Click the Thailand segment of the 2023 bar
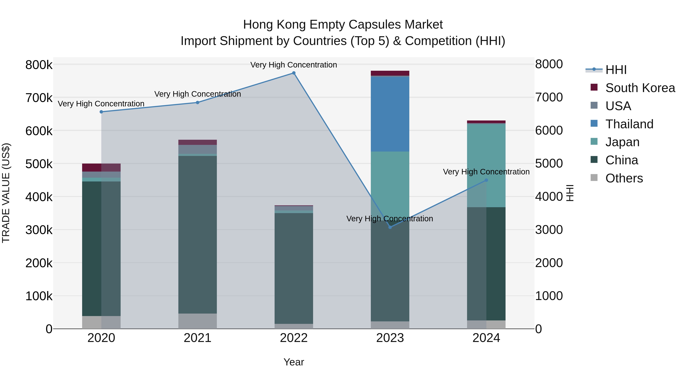coord(390,114)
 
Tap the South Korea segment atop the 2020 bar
coord(101,168)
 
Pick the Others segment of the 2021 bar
coord(197,321)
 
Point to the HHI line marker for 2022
coord(294,73)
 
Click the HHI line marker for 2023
coord(390,227)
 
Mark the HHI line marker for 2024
coord(486,180)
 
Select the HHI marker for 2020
coord(101,112)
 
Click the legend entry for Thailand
coord(629,124)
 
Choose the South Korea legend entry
coord(640,88)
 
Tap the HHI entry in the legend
coord(616,70)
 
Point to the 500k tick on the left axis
coord(39,164)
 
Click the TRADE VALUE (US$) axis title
coord(6,193)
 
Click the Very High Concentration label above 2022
coord(293,65)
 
